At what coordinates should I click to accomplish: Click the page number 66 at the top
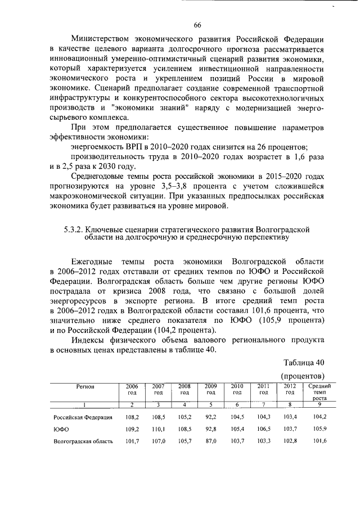[197, 25]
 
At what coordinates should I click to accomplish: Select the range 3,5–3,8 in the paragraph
[177, 185]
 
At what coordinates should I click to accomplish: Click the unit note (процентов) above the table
[301, 375]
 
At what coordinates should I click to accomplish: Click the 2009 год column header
[211, 389]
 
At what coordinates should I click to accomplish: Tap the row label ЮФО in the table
[61, 429]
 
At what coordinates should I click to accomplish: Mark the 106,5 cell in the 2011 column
[264, 429]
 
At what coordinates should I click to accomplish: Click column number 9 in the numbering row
[319, 405]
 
